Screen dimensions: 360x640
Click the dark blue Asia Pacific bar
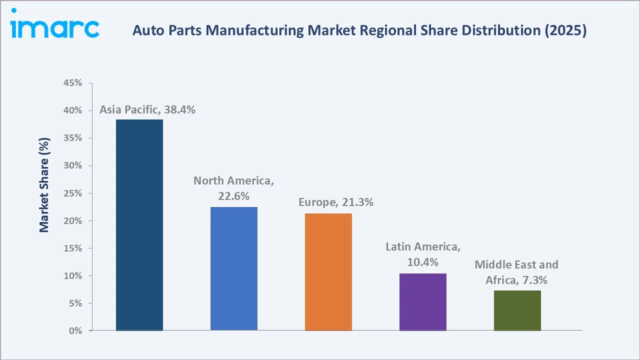(x=139, y=225)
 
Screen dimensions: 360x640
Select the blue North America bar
(x=234, y=268)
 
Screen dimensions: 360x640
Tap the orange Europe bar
(x=328, y=272)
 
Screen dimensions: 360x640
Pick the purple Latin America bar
(x=423, y=302)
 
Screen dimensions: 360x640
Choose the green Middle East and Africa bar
(x=517, y=310)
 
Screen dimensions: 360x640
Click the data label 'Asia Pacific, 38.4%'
(x=147, y=110)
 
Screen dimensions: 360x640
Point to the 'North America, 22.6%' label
(x=233, y=188)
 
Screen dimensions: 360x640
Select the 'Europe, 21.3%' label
(x=336, y=202)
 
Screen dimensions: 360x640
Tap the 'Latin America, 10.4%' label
(x=423, y=254)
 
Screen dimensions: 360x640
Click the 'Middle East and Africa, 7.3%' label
(x=516, y=272)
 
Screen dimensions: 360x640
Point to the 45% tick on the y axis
(x=73, y=83)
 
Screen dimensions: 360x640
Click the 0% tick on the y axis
(x=75, y=331)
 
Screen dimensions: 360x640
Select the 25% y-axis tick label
(x=73, y=193)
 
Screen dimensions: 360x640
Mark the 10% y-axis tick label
(x=73, y=276)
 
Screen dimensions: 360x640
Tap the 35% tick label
(x=73, y=138)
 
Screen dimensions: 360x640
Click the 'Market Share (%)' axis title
(x=44, y=185)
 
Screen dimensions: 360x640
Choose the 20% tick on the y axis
(x=73, y=220)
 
